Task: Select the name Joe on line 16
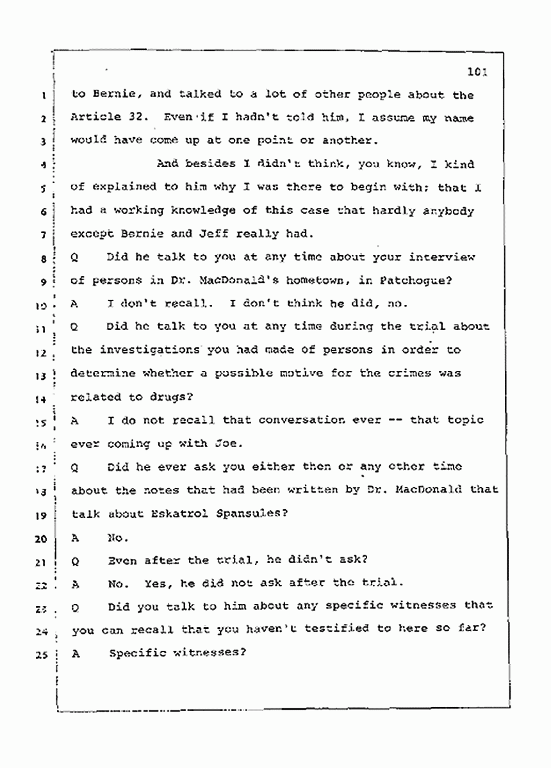tap(213, 444)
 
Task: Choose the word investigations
tap(147, 350)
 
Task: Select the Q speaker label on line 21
tap(76, 560)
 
